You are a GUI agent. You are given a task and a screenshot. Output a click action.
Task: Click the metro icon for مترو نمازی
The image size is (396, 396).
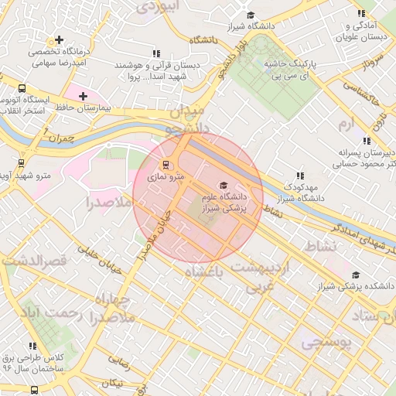[x=165, y=164]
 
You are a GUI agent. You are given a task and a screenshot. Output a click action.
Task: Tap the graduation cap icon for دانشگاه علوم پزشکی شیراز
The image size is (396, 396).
[x=224, y=185]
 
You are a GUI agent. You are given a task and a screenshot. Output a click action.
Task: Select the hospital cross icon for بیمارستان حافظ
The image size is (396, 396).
[x=83, y=95]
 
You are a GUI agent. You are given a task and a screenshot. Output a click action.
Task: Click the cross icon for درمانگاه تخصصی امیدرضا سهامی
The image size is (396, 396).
[x=59, y=39]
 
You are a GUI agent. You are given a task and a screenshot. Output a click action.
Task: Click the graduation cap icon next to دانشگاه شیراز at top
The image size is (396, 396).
[x=249, y=15]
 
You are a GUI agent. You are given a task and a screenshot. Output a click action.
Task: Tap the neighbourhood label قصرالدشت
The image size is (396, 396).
[x=36, y=261]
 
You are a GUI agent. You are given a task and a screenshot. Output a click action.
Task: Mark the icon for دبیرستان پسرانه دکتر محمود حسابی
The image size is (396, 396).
[x=366, y=141]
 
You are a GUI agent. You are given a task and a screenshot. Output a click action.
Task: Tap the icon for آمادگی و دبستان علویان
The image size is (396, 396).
[x=361, y=13]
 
